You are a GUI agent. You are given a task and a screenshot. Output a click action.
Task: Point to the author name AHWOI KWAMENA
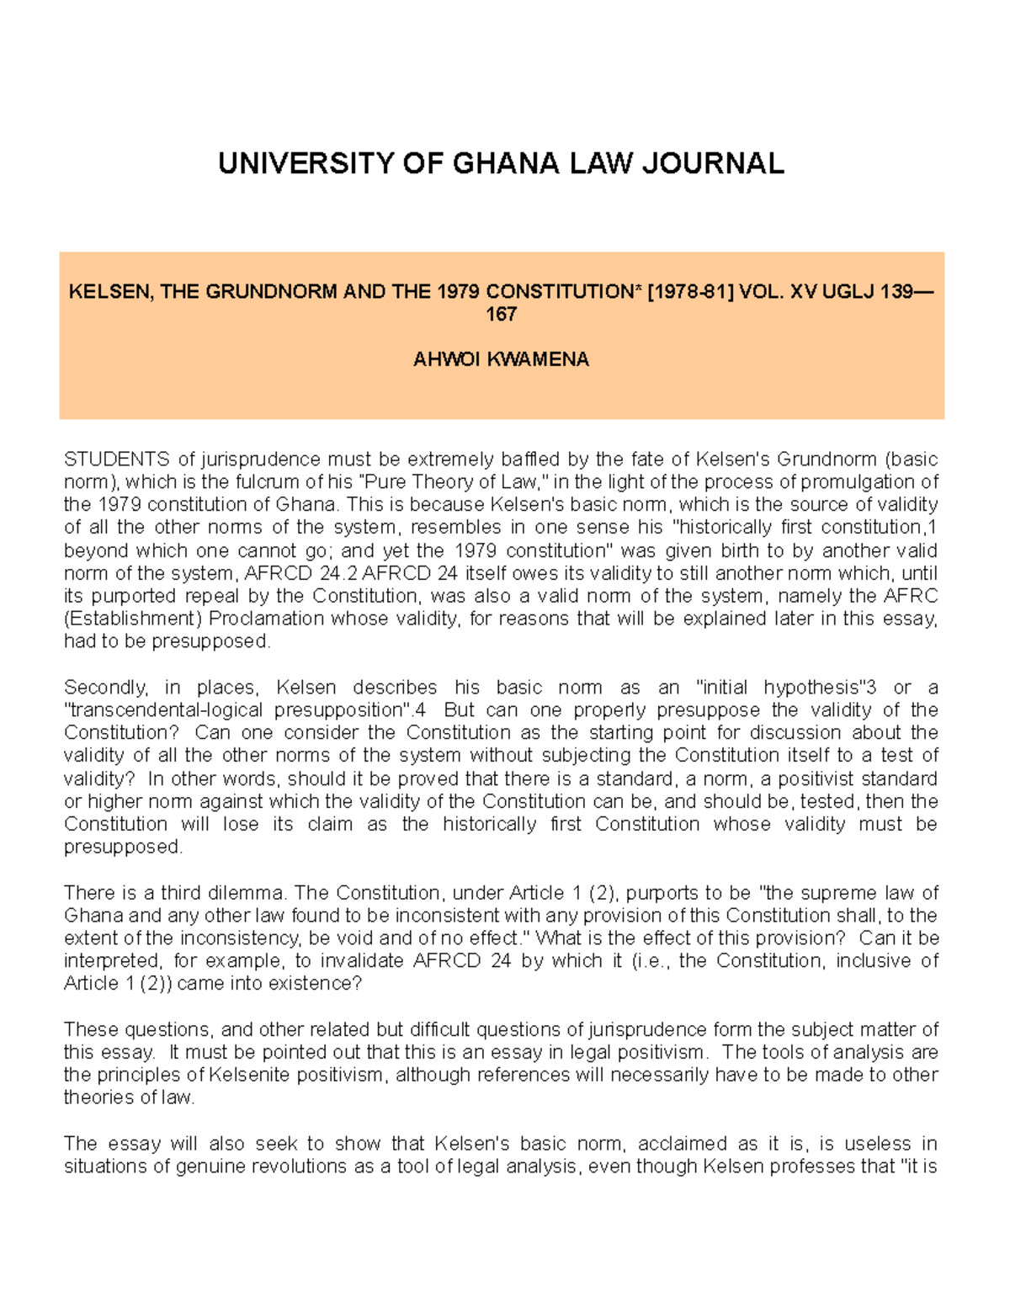point(501,360)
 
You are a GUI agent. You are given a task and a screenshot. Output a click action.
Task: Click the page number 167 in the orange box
point(501,315)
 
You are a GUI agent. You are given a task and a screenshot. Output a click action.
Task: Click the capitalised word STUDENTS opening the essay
point(117,460)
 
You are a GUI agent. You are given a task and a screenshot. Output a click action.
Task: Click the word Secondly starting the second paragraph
point(105,688)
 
